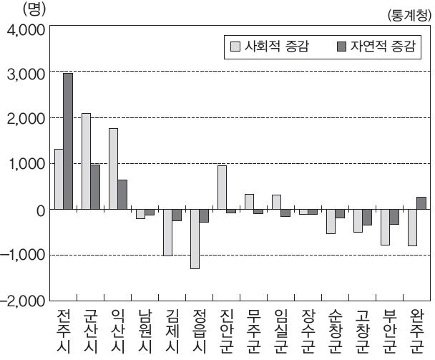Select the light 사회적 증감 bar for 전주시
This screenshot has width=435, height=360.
59,179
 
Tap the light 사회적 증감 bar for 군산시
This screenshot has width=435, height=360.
86,161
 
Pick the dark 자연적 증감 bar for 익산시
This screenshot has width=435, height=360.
122,195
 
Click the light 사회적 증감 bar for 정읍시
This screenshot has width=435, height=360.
195,239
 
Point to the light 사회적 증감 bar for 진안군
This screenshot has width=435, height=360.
222,188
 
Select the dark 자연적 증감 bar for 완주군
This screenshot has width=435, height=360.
421,203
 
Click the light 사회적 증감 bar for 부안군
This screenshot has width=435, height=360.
384,227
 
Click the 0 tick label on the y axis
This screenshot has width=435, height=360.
40,210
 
